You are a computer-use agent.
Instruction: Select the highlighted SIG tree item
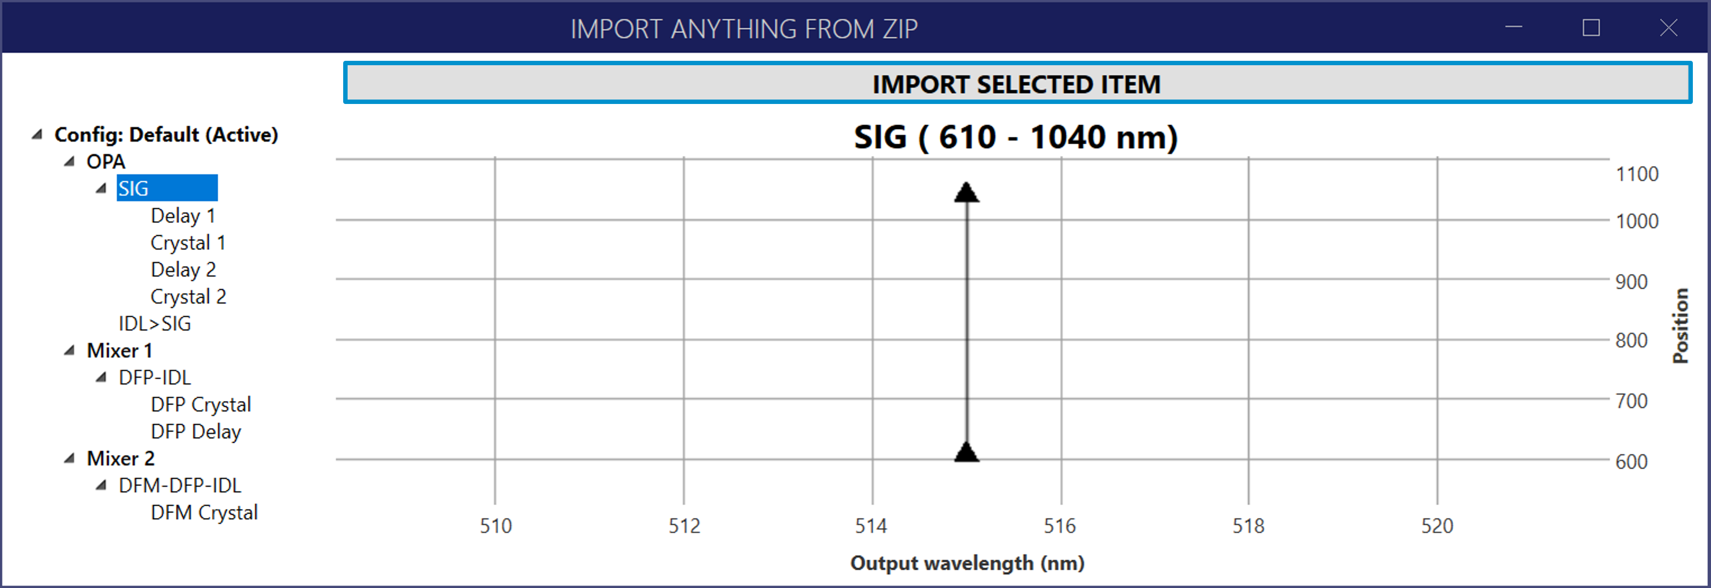click(x=167, y=188)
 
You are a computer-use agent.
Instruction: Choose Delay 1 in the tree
click(x=183, y=215)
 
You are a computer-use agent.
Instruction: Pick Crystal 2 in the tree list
click(x=188, y=296)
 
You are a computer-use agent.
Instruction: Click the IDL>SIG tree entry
click(x=155, y=324)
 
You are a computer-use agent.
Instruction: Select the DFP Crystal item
click(x=201, y=405)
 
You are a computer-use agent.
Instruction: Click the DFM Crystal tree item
click(x=204, y=512)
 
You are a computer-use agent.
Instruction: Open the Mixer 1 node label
click(x=120, y=350)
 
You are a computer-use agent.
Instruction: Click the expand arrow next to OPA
click(x=69, y=161)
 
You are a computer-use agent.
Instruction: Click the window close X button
click(x=1668, y=28)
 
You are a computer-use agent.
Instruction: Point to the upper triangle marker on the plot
click(x=966, y=192)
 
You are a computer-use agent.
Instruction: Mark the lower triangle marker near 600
click(x=966, y=452)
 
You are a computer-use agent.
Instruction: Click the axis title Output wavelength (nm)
click(x=967, y=563)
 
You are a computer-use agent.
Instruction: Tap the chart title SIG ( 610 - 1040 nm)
click(x=1016, y=137)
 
